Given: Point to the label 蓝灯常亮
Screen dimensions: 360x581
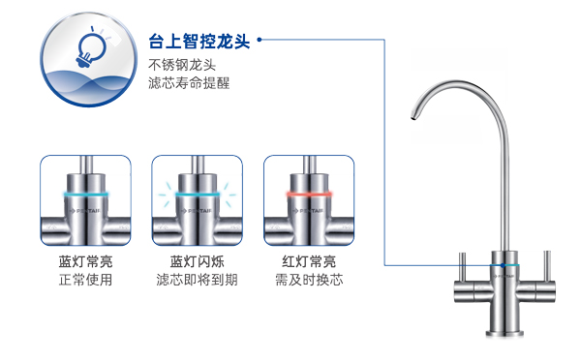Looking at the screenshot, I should click(x=85, y=261).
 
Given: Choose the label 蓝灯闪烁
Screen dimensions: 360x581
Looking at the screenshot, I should click(x=197, y=261).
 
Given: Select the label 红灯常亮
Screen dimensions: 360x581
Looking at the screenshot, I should click(x=309, y=261).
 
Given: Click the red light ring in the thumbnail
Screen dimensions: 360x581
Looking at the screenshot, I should click(x=309, y=194).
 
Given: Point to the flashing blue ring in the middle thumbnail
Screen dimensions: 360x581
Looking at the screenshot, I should click(x=197, y=194).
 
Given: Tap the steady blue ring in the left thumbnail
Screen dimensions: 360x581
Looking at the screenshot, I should click(x=85, y=194).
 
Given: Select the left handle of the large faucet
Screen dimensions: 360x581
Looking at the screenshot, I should click(x=462, y=260).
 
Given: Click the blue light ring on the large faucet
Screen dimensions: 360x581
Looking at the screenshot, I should click(x=504, y=262).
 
